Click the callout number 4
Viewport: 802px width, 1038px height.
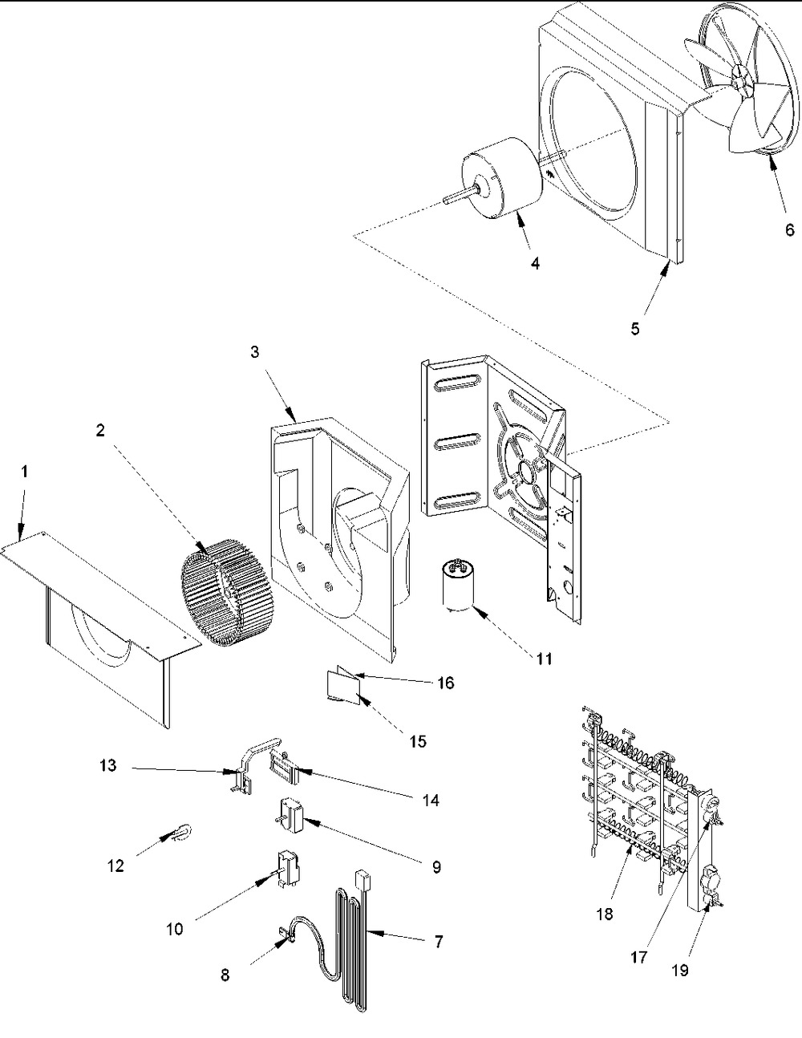[x=535, y=263]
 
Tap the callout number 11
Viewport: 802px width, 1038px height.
[x=545, y=659]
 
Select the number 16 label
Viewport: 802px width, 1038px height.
[x=445, y=683]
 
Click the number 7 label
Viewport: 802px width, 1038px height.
[x=439, y=942]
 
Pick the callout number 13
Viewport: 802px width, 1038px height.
[x=108, y=765]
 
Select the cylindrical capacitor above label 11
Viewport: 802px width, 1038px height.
[x=457, y=586]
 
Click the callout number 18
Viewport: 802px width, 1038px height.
[x=605, y=914]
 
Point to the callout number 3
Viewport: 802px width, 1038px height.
[x=255, y=352]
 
